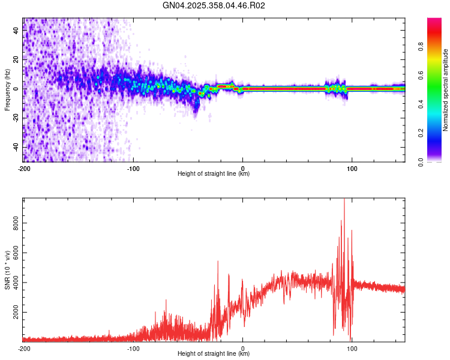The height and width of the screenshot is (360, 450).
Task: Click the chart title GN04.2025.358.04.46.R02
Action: pos(214,5)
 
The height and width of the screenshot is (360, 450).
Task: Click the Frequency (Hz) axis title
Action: pos(7,89)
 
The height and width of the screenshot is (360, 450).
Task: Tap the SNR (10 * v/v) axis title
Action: pos(7,269)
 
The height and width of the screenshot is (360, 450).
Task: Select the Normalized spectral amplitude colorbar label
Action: pos(446,89)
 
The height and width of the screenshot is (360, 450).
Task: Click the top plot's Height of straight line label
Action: pos(214,174)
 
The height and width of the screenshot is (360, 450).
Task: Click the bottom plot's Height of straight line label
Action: pos(214,354)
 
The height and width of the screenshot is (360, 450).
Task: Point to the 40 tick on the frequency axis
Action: pos(16,31)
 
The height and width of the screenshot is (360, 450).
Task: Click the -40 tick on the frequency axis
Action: pos(16,147)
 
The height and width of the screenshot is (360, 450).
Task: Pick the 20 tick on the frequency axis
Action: pos(16,60)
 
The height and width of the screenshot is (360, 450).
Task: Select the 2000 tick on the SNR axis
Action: pos(16,313)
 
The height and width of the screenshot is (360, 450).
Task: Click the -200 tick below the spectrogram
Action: pos(24,168)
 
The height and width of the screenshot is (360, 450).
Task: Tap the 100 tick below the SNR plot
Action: pos(352,348)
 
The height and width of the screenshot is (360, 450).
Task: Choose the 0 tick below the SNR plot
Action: pos(242,348)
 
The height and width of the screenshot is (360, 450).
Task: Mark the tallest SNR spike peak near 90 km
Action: pos(344,199)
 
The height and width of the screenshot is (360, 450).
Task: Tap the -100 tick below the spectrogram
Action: pos(133,168)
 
